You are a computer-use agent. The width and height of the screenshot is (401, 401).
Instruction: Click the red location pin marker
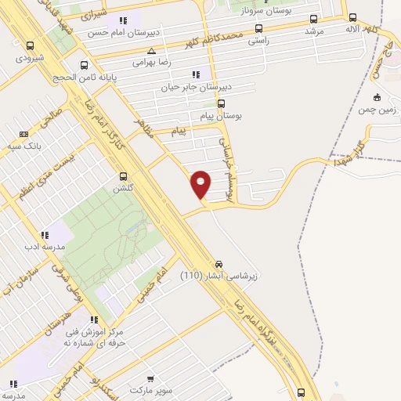(x=200, y=184)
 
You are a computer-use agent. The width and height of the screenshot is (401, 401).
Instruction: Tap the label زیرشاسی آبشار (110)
(x=214, y=276)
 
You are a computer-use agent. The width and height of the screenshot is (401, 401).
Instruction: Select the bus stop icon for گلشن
(x=123, y=177)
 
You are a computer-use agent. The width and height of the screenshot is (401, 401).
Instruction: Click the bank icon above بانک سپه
(x=24, y=134)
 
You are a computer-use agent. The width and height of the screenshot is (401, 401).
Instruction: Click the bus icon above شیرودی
(x=30, y=46)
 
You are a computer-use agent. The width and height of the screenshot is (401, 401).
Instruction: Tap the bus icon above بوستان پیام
(x=222, y=103)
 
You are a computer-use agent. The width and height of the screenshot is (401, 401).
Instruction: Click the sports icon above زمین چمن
(x=378, y=98)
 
